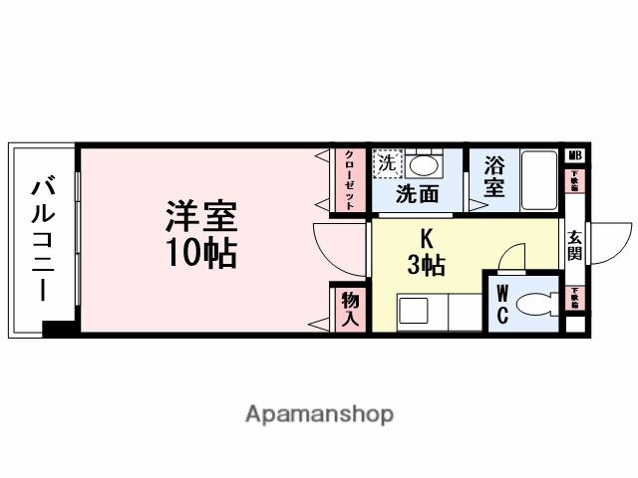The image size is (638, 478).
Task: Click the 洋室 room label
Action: click(200, 216)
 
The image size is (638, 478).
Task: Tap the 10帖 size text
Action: click(200, 254)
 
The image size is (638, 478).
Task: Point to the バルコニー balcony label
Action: click(43, 239)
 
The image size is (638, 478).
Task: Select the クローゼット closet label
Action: click(350, 180)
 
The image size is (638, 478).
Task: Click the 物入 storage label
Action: click(350, 308)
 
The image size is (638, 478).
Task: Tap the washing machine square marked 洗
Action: click(385, 162)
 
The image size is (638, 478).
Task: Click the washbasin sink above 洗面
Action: click(426, 164)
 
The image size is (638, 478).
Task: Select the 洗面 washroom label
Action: click(417, 194)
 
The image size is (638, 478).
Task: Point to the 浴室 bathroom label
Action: click(493, 177)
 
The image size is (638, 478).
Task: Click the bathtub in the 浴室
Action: click(539, 178)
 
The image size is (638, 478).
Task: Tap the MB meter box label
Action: click(574, 155)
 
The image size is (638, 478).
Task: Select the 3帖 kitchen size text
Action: click(426, 265)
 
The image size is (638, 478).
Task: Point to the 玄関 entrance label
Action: click(576, 246)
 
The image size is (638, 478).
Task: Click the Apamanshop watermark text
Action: click(319, 413)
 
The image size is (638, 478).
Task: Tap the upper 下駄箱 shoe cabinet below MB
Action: click(574, 181)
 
